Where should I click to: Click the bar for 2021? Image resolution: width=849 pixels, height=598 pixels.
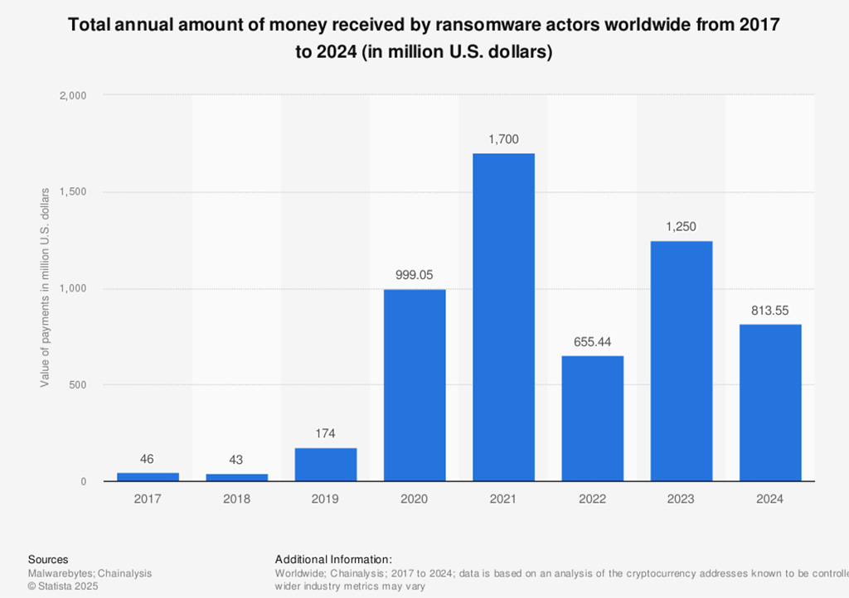click(503, 317)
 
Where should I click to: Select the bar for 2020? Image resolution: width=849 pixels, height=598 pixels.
click(415, 385)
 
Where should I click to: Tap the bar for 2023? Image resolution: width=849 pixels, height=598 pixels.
click(681, 361)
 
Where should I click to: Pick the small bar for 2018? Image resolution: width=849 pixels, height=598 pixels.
click(236, 477)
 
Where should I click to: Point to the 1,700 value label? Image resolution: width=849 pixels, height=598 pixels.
click(503, 140)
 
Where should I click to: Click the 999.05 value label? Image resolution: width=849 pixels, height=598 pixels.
click(415, 275)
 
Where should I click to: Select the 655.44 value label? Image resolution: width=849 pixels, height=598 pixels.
click(592, 342)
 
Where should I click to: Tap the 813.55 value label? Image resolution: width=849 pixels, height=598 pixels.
click(770, 311)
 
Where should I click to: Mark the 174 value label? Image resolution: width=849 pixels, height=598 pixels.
click(326, 434)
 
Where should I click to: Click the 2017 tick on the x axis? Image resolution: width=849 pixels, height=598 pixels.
click(148, 499)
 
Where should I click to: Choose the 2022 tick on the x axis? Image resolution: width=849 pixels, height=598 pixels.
click(592, 499)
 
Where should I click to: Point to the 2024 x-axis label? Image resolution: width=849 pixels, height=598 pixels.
click(770, 499)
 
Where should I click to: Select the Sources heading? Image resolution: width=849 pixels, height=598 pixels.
click(48, 560)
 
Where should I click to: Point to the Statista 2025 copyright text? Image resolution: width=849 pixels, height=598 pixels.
click(63, 586)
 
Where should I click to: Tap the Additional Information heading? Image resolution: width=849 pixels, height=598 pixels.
click(332, 560)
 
